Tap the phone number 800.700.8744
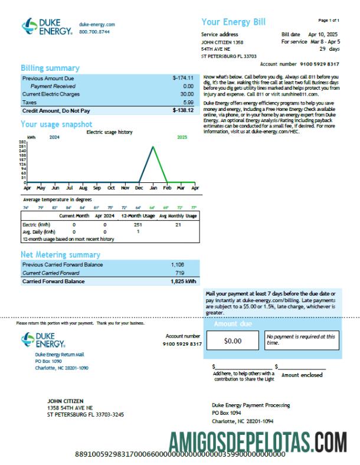click(96, 32)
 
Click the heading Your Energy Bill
click(234, 22)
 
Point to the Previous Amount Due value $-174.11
click(183, 78)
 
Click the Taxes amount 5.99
click(188, 102)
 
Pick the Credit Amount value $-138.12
click(183, 110)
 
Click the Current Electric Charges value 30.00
click(186, 94)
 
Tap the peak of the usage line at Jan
click(153, 147)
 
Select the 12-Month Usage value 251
click(138, 225)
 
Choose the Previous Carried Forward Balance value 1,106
click(178, 265)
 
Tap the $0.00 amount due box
click(233, 340)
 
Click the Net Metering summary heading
click(60, 255)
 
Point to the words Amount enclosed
click(302, 375)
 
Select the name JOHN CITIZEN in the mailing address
click(65, 401)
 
